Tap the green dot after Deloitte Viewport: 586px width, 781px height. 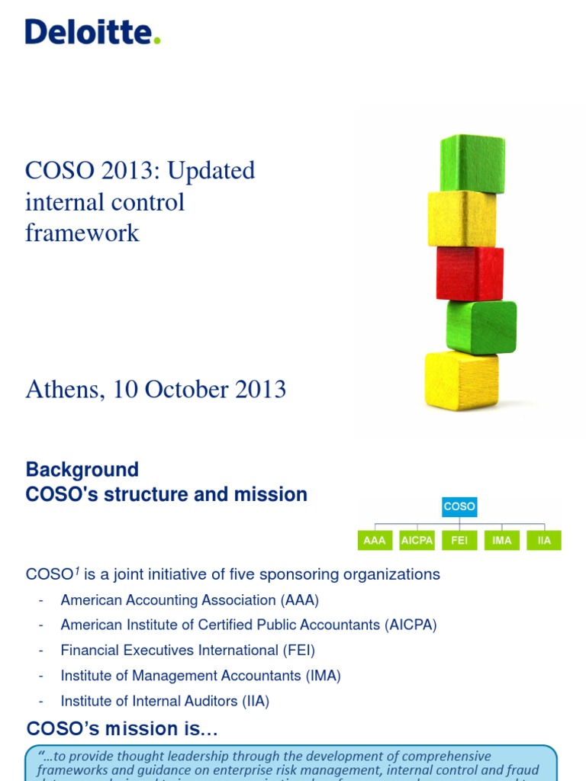coord(157,41)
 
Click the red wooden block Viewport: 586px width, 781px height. coord(469,273)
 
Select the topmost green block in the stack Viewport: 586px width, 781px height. coord(472,162)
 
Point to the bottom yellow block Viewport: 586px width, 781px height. coord(461,380)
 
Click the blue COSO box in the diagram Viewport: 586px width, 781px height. coord(459,506)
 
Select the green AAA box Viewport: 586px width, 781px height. coord(375,541)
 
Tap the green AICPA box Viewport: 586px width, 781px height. coord(417,541)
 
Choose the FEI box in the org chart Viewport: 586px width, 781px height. coord(459,541)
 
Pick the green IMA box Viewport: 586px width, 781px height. coord(502,541)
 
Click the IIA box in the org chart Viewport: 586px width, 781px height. coord(544,541)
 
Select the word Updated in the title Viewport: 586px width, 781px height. coord(211,171)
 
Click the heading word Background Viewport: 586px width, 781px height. coord(82,469)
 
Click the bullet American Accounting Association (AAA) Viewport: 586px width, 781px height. coord(190,600)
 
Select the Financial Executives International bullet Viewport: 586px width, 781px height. coord(188,651)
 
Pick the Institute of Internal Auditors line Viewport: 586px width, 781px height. coord(165,701)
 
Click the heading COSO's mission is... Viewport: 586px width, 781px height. coord(122,729)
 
